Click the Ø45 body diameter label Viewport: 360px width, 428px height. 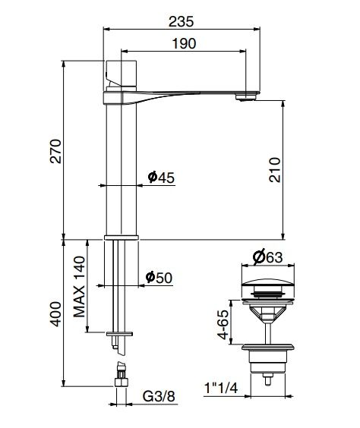pos(162,178)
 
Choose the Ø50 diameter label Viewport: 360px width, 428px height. pos(160,279)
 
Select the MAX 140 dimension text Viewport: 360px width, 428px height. pos(79,287)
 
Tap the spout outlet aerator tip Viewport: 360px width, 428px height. pos(245,96)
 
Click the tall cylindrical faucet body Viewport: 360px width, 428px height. pos(119,167)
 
